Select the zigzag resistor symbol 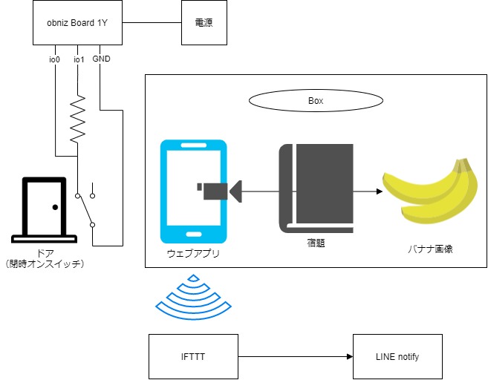pyautogui.click(x=77, y=119)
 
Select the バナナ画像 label pyautogui.click(x=430, y=249)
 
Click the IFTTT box pyautogui.click(x=192, y=357)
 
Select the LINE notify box pyautogui.click(x=397, y=357)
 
